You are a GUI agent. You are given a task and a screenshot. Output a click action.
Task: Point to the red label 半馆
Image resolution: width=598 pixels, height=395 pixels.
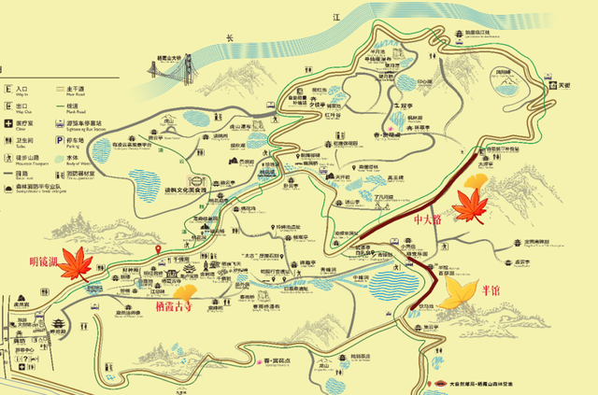[x=489, y=289]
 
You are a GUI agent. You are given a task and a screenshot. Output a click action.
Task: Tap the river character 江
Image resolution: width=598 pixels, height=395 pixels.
[x=339, y=18]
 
